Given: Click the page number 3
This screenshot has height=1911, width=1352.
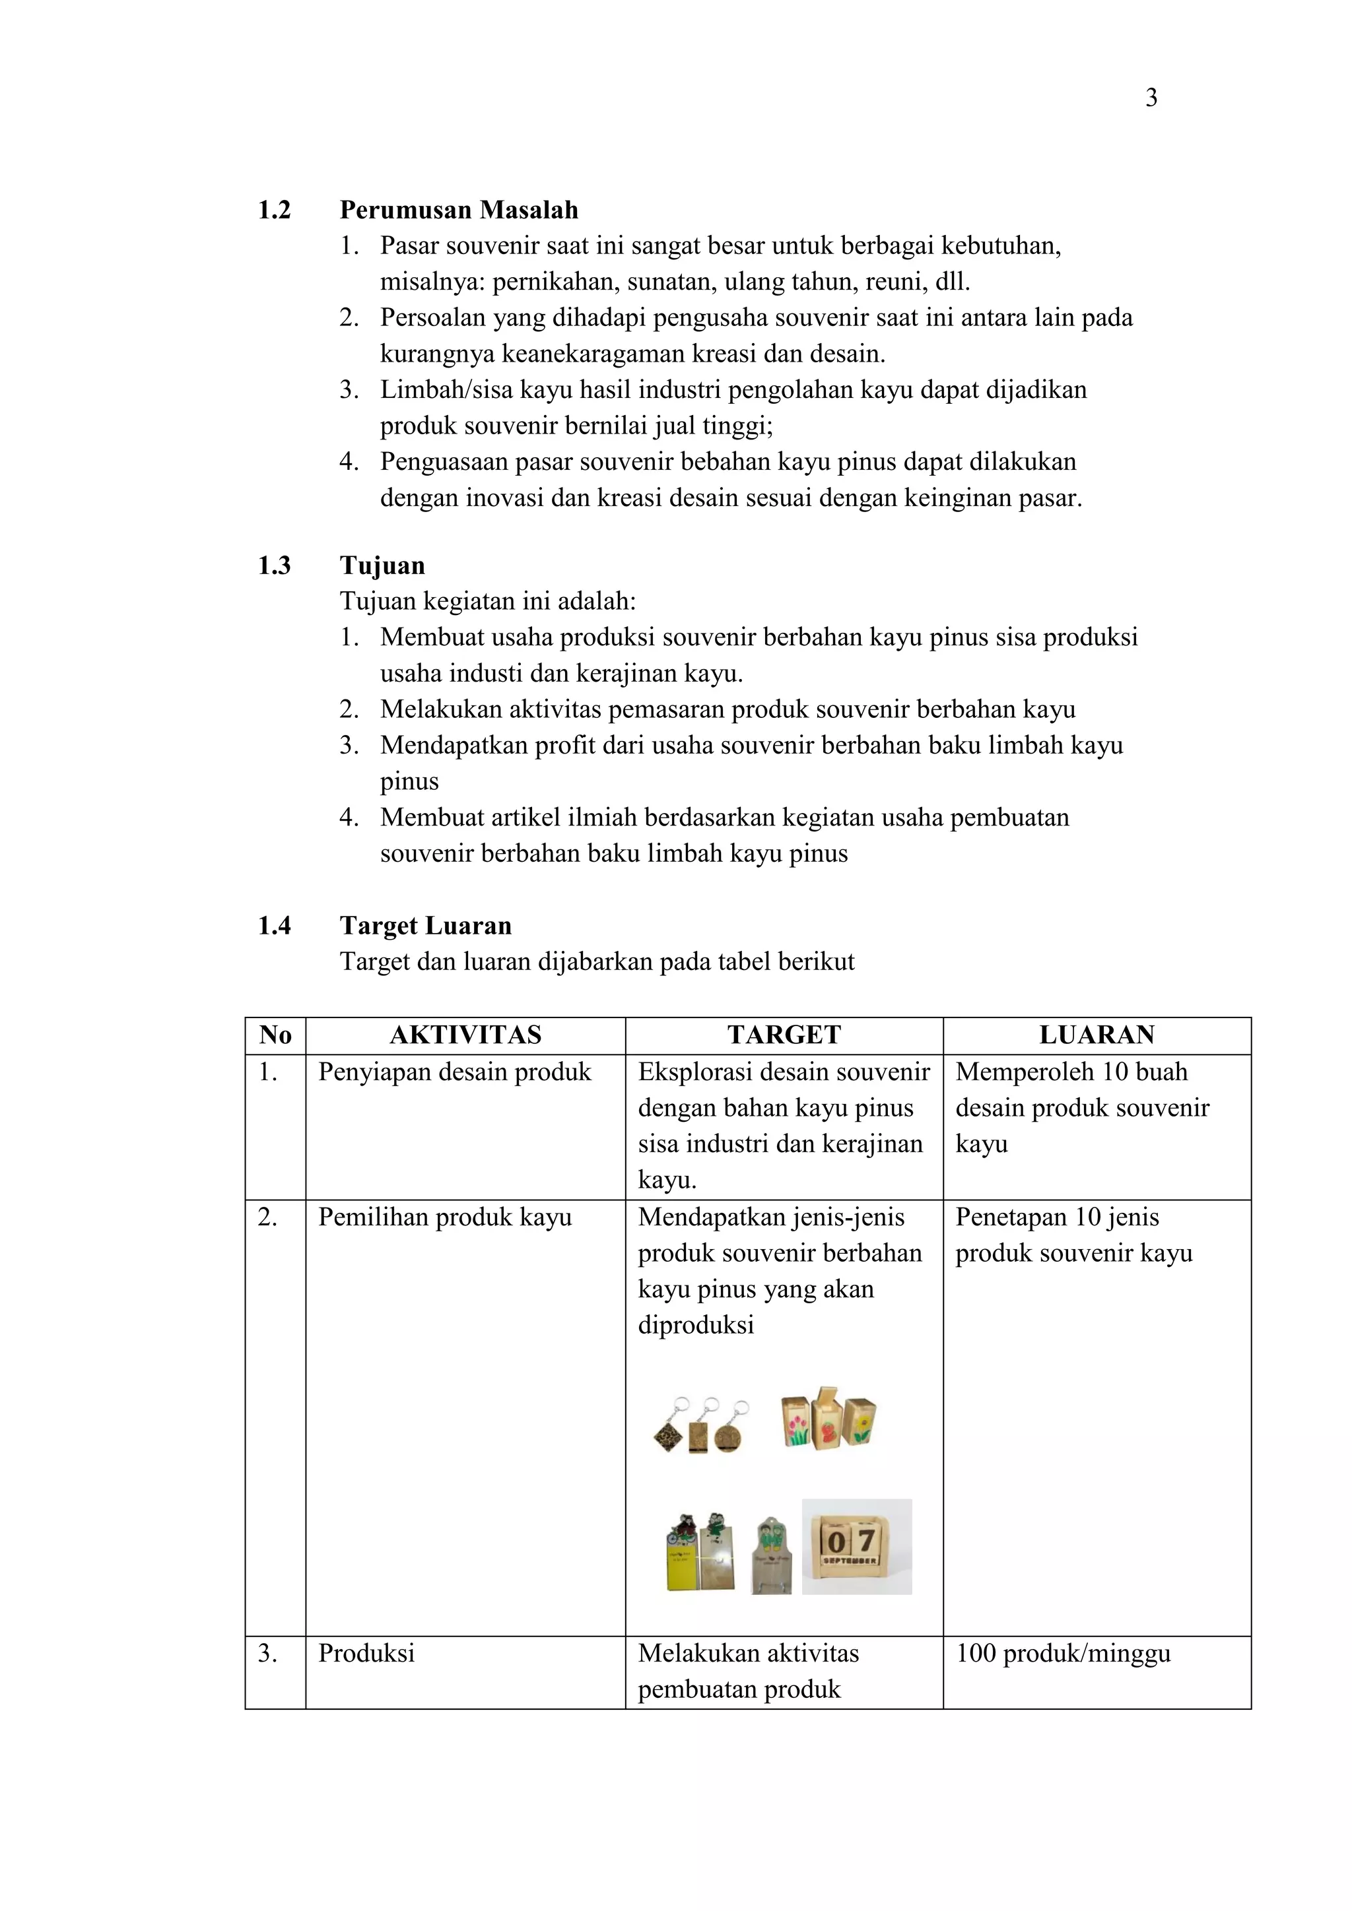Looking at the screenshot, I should pos(1151,98).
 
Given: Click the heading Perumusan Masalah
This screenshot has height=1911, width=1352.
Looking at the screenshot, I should pos(459,210).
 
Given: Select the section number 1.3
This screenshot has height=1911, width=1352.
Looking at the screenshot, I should pos(274,566).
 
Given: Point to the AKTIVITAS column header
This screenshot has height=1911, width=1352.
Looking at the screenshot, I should pos(465,1035).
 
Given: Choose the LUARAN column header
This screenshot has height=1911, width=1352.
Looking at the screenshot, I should pos(1097,1035).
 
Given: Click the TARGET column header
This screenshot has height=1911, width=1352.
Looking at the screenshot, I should pos(784,1035).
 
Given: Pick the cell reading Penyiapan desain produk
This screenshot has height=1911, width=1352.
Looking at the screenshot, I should pos(455,1072).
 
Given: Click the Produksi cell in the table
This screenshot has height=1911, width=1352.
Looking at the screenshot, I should pos(366,1653).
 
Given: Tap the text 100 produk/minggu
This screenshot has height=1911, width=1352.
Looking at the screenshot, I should pos(1063,1653).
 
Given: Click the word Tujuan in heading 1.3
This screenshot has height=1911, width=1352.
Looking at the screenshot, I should pos(382,566).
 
